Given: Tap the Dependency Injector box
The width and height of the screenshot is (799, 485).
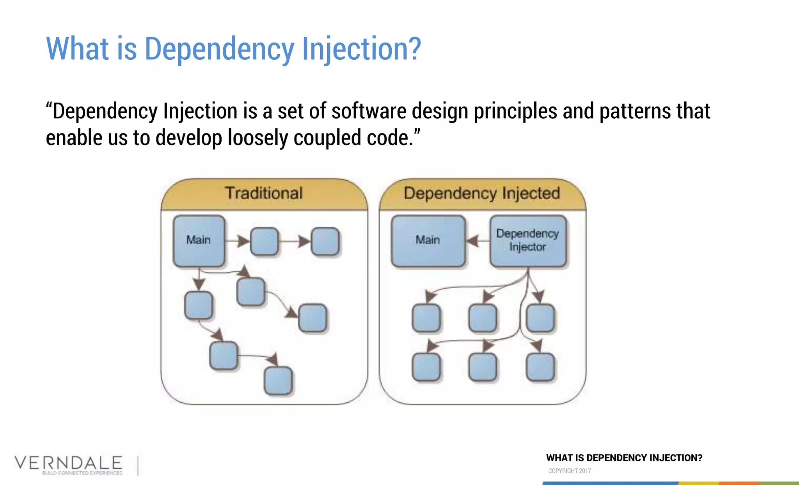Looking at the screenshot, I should pos(528,241).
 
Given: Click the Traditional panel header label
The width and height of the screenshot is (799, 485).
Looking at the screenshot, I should pos(264,193).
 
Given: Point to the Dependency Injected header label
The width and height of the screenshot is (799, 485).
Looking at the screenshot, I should pos(482,193).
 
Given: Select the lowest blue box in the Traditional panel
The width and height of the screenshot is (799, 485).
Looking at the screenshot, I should pos(278,380).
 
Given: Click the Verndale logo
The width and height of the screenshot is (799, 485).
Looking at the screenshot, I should pos(69,463).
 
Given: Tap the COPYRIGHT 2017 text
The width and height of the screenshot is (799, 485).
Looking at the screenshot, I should pos(569,471).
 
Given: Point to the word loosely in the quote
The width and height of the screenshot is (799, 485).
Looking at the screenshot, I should pos(257,138).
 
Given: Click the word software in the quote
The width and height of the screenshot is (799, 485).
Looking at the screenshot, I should pos(369,111).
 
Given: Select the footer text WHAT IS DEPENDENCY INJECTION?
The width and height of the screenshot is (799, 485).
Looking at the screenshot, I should pos(624,458).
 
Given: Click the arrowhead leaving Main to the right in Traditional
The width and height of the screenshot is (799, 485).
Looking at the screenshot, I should pos(243,241).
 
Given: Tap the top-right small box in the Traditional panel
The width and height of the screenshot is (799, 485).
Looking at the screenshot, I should pos(325,242).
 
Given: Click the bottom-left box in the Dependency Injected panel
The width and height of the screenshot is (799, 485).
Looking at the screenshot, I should pos(426,367).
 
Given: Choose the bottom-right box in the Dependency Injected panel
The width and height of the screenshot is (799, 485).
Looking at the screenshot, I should pos(540,367).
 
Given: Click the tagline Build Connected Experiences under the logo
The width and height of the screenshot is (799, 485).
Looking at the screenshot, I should pos(82,473).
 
